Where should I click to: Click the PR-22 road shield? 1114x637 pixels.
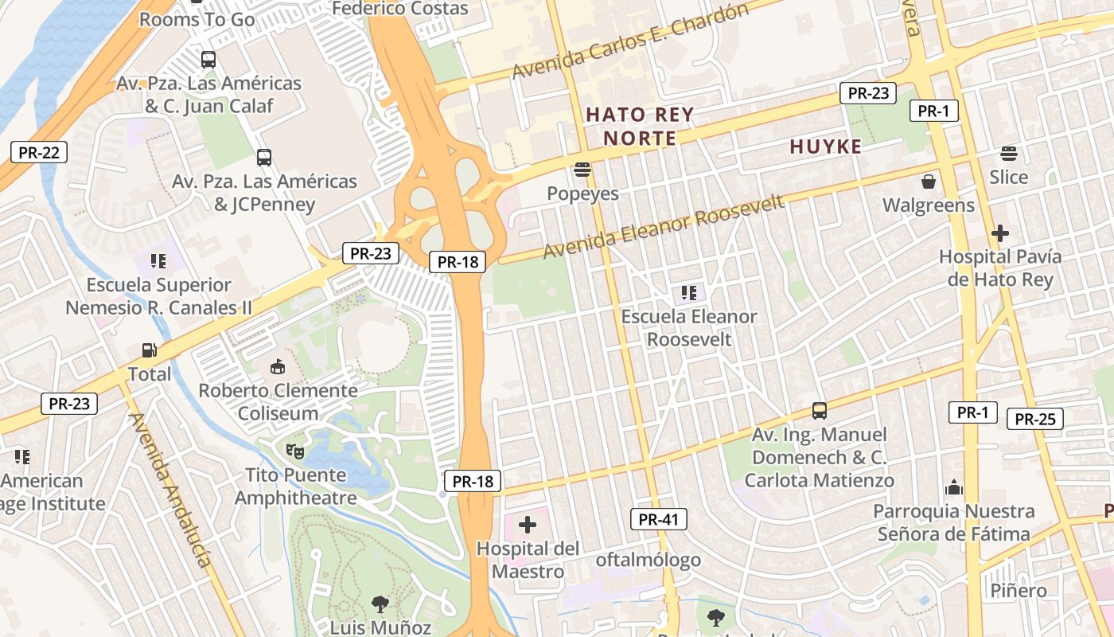[38, 152]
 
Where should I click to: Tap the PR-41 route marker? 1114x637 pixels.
[659, 520]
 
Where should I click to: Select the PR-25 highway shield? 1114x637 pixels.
[1034, 419]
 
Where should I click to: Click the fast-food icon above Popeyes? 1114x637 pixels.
[582, 170]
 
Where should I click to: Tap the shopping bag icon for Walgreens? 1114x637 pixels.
[928, 182]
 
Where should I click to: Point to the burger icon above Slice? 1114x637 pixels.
[1008, 153]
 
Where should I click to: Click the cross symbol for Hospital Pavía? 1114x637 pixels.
[1000, 233]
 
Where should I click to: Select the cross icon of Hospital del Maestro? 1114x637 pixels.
[527, 525]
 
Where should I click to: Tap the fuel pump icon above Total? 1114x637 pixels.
[149, 350]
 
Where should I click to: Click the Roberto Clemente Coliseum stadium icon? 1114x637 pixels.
[278, 366]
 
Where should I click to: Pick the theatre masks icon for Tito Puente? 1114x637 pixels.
[295, 451]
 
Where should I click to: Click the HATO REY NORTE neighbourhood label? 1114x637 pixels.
[640, 127]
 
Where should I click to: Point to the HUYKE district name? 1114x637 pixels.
[826, 147]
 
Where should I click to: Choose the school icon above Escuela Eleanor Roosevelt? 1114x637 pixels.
[689, 293]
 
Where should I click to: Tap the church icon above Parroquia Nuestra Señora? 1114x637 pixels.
[953, 487]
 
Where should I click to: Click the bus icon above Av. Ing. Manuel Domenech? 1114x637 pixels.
[819, 411]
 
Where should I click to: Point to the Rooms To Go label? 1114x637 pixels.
[197, 19]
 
